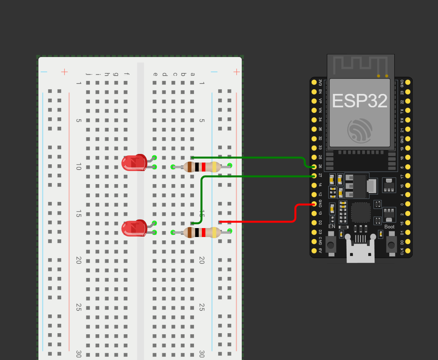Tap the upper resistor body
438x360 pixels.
point(202,167)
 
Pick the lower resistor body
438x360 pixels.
point(202,233)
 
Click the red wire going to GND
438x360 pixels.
point(261,222)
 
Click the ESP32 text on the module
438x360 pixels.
point(360,101)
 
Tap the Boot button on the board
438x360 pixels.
point(391,245)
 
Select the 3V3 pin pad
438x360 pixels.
point(314,82)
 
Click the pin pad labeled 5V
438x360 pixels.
point(314,251)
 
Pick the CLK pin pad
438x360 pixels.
point(408,251)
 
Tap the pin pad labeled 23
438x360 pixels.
point(408,92)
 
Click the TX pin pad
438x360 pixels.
point(408,110)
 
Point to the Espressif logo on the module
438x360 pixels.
point(360,130)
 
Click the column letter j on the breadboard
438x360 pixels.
point(88,74)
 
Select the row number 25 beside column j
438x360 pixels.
point(79,307)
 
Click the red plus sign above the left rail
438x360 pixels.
point(65,72)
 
